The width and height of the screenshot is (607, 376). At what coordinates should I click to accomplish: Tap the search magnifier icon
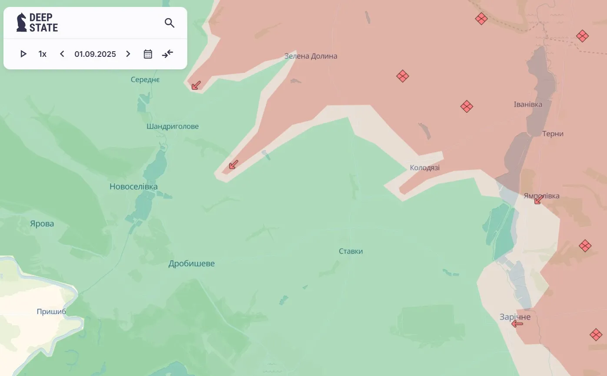pyautogui.click(x=169, y=23)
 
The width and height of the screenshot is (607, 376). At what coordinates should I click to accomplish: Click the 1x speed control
pyautogui.click(x=42, y=54)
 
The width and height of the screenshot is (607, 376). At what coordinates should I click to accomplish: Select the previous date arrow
pyautogui.click(x=62, y=54)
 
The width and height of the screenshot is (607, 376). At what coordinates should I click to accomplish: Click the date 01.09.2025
pyautogui.click(x=95, y=54)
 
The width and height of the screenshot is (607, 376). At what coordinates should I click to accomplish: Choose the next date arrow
pyautogui.click(x=128, y=54)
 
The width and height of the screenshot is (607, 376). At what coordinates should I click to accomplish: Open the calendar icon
pyautogui.click(x=148, y=54)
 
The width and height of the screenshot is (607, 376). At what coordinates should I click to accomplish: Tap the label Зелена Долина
pyautogui.click(x=311, y=56)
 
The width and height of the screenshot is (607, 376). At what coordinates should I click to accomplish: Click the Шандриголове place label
pyautogui.click(x=172, y=127)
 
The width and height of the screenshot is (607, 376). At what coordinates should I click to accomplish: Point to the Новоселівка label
pyautogui.click(x=133, y=186)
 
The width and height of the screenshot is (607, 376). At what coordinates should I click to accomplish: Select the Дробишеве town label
pyautogui.click(x=192, y=264)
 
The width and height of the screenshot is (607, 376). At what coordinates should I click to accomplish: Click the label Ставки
pyautogui.click(x=351, y=252)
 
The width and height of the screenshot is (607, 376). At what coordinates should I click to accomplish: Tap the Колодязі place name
pyautogui.click(x=425, y=167)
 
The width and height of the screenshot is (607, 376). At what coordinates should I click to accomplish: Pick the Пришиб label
pyautogui.click(x=51, y=311)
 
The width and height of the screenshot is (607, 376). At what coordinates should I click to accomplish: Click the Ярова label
pyautogui.click(x=42, y=224)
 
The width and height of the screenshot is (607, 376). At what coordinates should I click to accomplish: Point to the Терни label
pyautogui.click(x=553, y=134)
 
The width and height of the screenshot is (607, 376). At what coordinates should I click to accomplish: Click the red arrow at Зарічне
pyautogui.click(x=517, y=324)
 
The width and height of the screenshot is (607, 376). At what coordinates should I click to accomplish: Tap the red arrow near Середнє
pyautogui.click(x=196, y=85)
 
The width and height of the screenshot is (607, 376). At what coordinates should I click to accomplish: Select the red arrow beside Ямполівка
pyautogui.click(x=538, y=199)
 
